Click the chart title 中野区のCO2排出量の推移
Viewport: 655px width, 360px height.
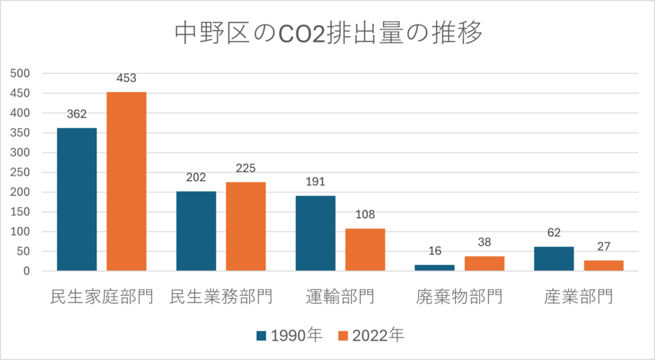(x=327, y=34)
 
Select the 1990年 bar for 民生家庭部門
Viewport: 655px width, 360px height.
(x=77, y=199)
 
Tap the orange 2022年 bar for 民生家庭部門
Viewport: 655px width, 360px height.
(x=127, y=181)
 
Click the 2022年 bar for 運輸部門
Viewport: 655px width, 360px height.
(x=365, y=250)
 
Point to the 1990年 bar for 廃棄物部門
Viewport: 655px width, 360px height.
(x=435, y=268)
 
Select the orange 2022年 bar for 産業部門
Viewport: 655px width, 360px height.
(x=603, y=266)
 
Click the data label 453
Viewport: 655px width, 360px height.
(x=127, y=78)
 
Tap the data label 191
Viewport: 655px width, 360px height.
(x=315, y=182)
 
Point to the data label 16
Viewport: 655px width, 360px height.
(x=435, y=251)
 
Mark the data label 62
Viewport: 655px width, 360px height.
(x=554, y=233)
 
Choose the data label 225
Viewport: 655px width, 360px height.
(x=246, y=168)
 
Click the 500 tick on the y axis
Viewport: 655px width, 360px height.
(x=19, y=73)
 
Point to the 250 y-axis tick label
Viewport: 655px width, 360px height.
(x=19, y=172)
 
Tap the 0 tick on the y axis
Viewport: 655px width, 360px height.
(x=25, y=271)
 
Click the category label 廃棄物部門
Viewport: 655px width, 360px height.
(x=458, y=297)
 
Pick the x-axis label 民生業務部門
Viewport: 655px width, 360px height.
(x=220, y=297)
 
